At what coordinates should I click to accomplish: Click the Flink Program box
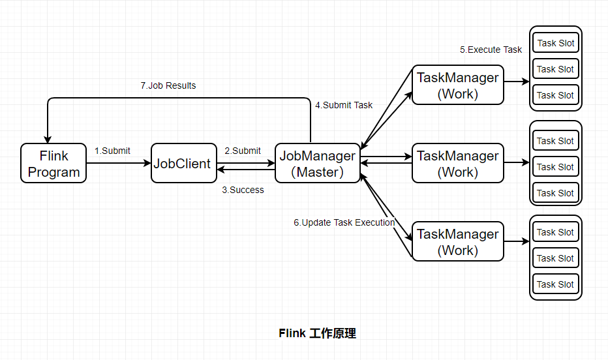(x=53, y=163)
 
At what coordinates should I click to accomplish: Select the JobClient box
(x=184, y=163)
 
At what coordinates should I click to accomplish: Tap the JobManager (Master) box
(x=318, y=163)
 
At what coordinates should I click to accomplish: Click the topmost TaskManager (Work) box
(x=458, y=85)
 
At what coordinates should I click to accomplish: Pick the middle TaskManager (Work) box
(x=458, y=163)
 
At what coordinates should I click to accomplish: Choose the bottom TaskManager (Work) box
(x=458, y=241)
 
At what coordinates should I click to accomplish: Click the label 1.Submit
(x=112, y=151)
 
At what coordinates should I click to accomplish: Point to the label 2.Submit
(x=243, y=151)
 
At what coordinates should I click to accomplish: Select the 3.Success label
(x=243, y=190)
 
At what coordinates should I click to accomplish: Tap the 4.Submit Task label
(x=344, y=105)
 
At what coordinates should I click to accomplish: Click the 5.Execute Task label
(x=491, y=50)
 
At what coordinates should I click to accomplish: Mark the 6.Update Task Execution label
(x=344, y=222)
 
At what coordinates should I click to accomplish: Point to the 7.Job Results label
(x=168, y=85)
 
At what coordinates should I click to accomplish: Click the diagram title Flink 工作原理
(x=317, y=333)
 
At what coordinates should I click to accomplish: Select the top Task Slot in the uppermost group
(x=556, y=43)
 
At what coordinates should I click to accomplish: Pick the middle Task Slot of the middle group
(x=556, y=167)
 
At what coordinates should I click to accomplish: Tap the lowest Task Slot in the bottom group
(x=556, y=284)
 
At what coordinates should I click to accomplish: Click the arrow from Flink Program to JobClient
(x=119, y=163)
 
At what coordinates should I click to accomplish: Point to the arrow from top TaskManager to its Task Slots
(x=517, y=82)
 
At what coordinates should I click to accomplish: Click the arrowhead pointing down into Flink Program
(x=48, y=140)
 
